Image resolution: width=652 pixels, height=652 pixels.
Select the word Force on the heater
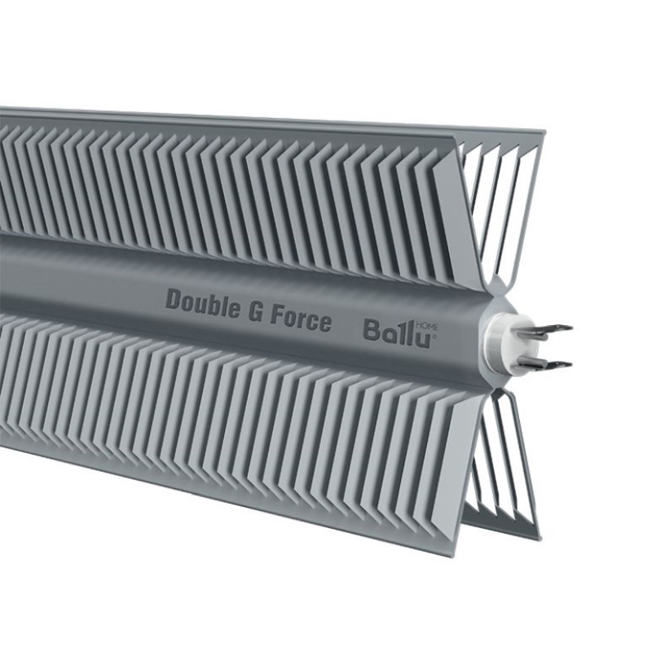click(301, 319)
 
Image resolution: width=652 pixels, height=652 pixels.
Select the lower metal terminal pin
click(546, 364)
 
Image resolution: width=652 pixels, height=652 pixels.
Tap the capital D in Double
click(174, 299)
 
